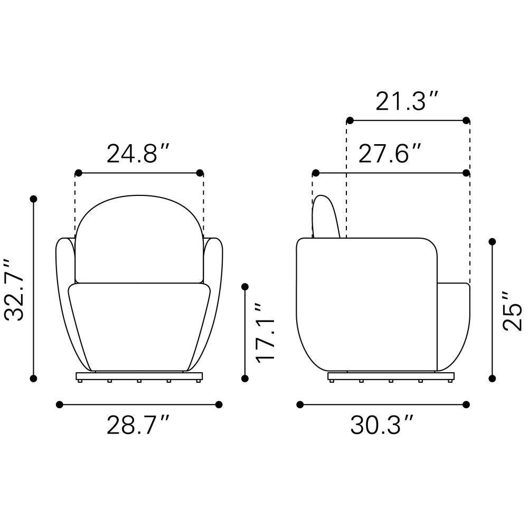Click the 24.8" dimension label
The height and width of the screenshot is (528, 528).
pos(137,154)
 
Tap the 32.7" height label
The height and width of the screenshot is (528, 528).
pos(14,289)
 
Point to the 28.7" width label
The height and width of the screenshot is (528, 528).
pos(137,425)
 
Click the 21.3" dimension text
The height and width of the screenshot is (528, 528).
pos(407,101)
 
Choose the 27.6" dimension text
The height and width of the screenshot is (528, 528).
pos(390,154)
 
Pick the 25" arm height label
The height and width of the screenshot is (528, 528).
pos(512,311)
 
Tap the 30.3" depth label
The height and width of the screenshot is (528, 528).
pos(382,425)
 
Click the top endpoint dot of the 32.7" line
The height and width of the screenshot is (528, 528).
pos(33,199)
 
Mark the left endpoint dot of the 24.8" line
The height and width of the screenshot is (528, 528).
pos(79,173)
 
